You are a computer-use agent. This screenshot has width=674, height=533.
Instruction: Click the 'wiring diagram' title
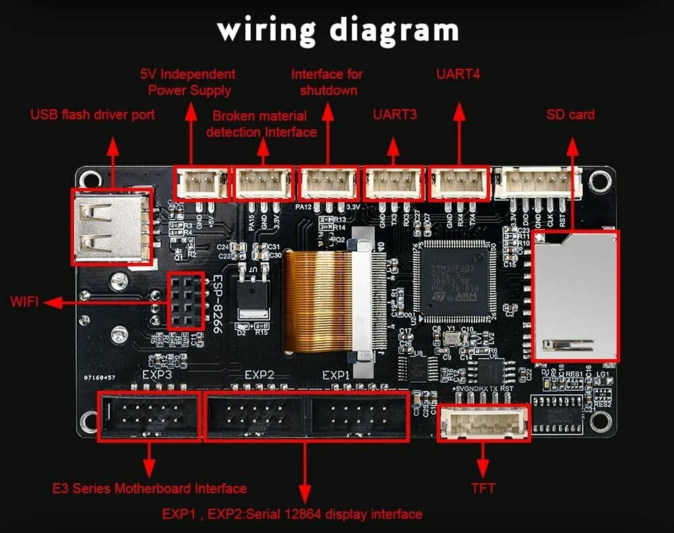coord(337,30)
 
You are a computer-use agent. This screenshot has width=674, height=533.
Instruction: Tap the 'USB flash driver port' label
coord(92,115)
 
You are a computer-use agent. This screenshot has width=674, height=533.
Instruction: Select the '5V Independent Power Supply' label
coord(188,82)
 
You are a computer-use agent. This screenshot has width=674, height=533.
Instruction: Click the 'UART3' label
coord(395,115)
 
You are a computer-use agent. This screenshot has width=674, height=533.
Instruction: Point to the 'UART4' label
coord(458,74)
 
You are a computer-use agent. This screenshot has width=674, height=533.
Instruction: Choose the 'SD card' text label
coord(570,115)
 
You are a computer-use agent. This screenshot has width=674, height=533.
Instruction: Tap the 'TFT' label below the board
coord(483,488)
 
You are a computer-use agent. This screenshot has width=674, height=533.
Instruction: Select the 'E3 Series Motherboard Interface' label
coord(150,488)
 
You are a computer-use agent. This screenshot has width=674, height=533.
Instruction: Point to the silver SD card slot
coord(575,295)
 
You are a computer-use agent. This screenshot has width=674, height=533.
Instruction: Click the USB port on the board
coord(111,226)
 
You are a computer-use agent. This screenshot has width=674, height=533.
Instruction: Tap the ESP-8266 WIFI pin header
coord(184,301)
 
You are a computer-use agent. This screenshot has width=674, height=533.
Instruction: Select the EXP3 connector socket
coord(149,416)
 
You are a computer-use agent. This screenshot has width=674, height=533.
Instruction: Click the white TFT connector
coord(483,422)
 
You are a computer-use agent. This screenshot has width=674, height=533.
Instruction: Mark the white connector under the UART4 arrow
coord(458,183)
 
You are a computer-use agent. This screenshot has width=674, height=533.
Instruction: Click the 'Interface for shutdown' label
coord(327,82)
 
